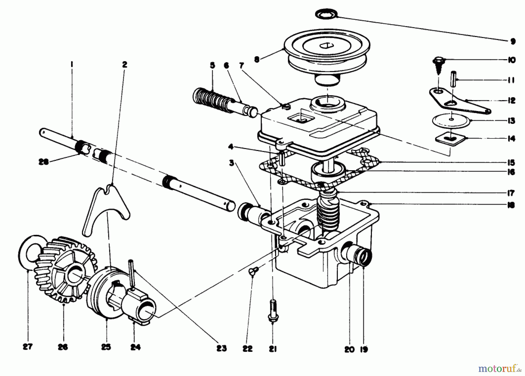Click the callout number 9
513,41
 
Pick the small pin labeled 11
453,78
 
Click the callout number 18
510,205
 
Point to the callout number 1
72,62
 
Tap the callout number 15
511,162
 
